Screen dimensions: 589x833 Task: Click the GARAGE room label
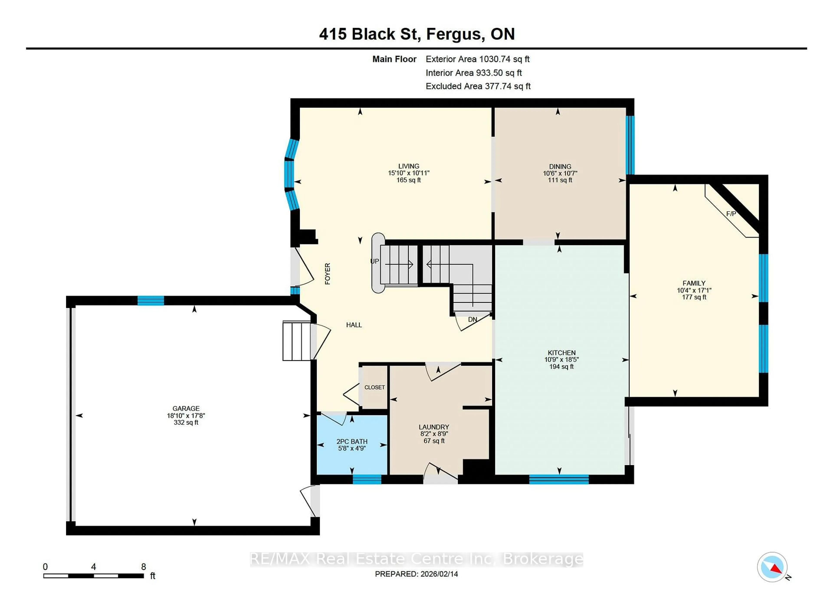[186, 408]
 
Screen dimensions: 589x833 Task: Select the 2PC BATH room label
[352, 441]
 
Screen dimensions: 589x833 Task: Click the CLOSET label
[374, 387]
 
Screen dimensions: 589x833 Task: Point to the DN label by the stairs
[472, 319]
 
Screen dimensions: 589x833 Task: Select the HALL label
[354, 325]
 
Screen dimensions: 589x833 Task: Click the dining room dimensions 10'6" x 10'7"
[560, 173]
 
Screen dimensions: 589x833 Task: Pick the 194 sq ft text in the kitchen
[561, 367]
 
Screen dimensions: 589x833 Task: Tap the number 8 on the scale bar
[144, 566]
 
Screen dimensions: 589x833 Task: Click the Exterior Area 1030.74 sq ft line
[477, 59]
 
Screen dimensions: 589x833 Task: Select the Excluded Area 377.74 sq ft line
[478, 86]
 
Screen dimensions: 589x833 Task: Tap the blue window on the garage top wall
[151, 301]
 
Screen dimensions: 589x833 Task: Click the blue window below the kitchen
[559, 479]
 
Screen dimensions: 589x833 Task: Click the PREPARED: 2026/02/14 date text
[416, 574]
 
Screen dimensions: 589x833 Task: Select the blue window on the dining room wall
[630, 145]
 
